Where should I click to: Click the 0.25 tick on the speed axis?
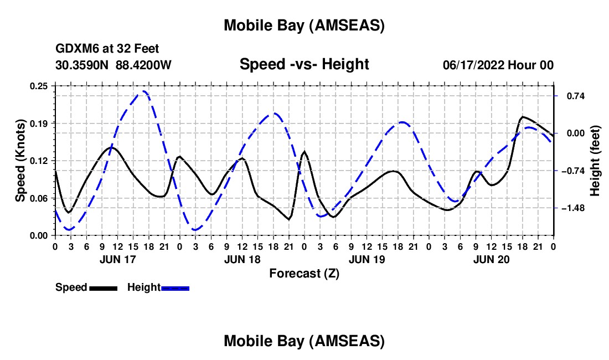click(39, 86)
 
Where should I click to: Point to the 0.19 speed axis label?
click(39, 123)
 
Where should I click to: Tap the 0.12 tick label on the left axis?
click(39, 161)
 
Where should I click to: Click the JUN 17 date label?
click(117, 259)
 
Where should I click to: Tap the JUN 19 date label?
click(367, 259)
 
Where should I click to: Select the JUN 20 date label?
click(491, 259)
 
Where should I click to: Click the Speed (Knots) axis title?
click(20, 161)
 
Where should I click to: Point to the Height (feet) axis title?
click(595, 161)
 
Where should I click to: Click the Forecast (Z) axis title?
click(304, 273)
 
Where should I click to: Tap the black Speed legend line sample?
click(103, 288)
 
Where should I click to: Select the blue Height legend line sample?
click(176, 288)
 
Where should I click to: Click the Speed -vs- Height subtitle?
click(304, 64)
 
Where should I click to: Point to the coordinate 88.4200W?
click(144, 65)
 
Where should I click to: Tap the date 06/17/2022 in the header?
click(472, 65)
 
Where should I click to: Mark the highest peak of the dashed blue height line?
click(144, 91)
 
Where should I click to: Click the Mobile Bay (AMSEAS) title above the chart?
click(304, 25)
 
